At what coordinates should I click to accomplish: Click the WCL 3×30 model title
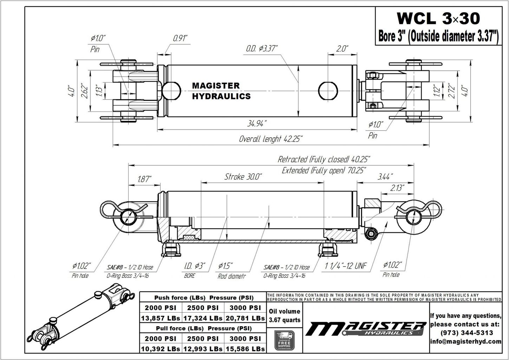[x=438, y=18]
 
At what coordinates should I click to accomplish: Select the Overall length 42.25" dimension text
[x=270, y=139]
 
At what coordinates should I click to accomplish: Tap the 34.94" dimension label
[x=257, y=123]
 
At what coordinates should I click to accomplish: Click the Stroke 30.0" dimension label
[x=243, y=177]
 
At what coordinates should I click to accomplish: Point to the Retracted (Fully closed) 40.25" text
[x=324, y=159]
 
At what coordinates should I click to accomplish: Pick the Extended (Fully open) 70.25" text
[x=324, y=170]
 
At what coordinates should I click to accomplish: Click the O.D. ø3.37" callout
[x=262, y=48]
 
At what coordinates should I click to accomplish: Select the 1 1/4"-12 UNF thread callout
[x=346, y=266]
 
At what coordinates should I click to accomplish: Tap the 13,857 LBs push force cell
[x=161, y=318]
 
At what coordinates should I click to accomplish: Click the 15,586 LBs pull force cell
[x=245, y=349]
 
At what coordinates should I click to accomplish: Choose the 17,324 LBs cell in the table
[x=203, y=318]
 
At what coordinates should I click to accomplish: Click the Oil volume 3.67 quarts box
[x=284, y=315]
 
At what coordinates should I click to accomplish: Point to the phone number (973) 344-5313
[x=466, y=332]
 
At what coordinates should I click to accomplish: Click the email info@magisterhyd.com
[x=466, y=341]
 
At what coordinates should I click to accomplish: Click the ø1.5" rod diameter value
[x=225, y=266]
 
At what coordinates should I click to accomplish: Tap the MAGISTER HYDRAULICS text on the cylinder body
[x=221, y=91]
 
